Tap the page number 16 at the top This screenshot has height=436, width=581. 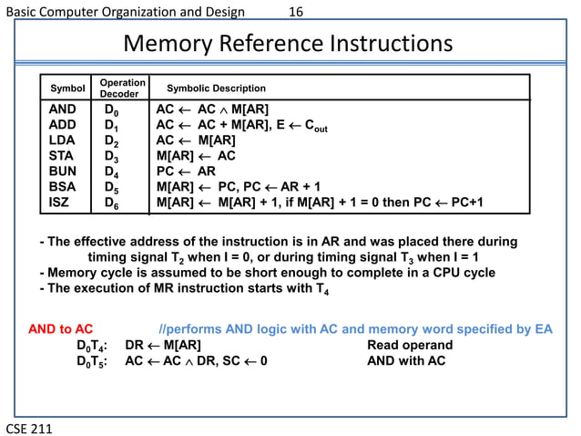(295, 12)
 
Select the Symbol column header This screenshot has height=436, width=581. (67, 88)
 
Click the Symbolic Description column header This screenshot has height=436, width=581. (216, 88)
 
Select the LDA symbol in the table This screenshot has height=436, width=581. (61, 140)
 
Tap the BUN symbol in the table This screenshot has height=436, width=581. (61, 171)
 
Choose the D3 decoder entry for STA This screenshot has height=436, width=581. (111, 157)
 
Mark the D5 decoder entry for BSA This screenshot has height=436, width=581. (111, 188)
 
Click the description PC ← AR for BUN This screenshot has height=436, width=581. (186, 171)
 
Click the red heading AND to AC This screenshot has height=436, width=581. (61, 329)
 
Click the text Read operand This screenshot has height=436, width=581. (409, 346)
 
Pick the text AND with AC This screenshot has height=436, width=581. (406, 361)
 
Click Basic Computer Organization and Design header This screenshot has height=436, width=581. (126, 12)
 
